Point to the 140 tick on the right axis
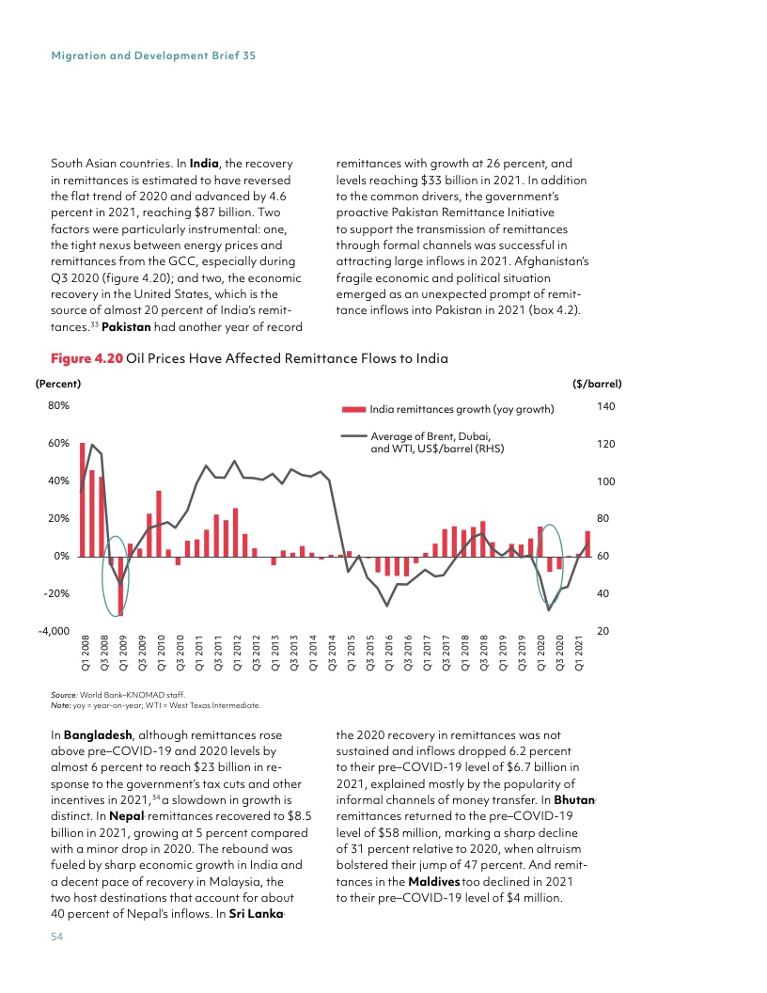pyautogui.click(x=605, y=406)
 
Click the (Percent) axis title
pyautogui.click(x=57, y=384)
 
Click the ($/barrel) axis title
pyautogui.click(x=597, y=384)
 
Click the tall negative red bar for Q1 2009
pyautogui.click(x=120, y=586)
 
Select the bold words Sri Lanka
pyautogui.click(x=256, y=914)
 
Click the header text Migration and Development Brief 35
pyautogui.click(x=153, y=55)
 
